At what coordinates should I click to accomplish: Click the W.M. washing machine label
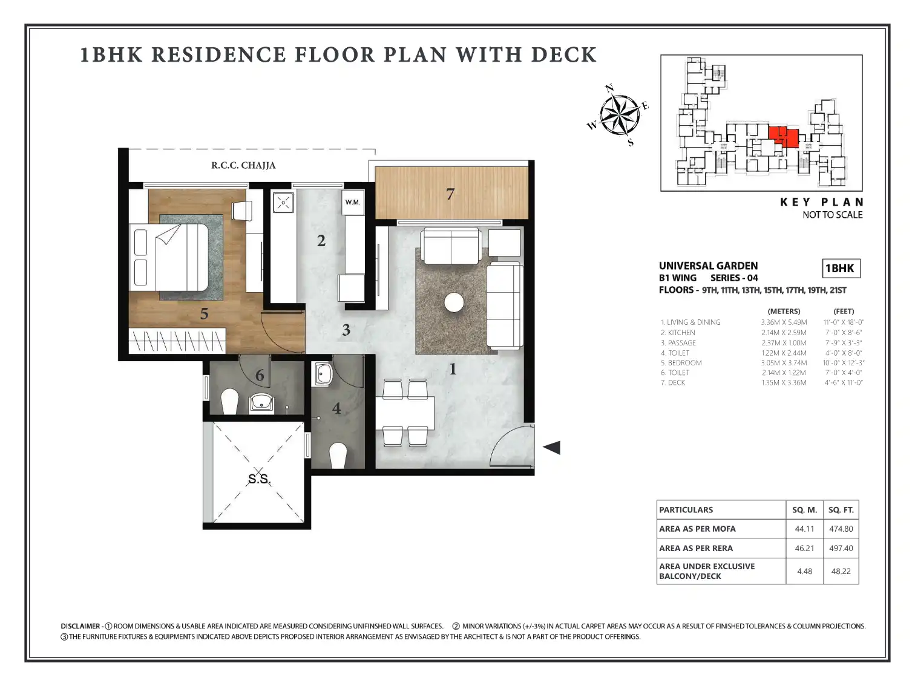pos(353,203)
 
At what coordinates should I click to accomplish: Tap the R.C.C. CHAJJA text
pos(243,165)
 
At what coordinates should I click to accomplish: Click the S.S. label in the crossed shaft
pos(259,479)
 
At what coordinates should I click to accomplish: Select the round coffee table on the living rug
pos(454,302)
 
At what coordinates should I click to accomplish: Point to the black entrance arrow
pos(551,448)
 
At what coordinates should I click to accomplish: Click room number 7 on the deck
pos(450,194)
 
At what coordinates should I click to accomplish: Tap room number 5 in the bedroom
pos(205,313)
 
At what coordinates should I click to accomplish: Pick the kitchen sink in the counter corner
pos(283,203)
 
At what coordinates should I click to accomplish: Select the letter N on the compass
pos(609,88)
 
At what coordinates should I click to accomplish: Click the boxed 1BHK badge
pos(841,268)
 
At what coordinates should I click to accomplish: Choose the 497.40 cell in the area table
pos(841,548)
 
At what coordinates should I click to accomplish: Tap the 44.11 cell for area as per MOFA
pos(804,529)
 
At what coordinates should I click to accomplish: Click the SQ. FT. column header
pos(841,510)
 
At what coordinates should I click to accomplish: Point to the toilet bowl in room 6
pos(229,402)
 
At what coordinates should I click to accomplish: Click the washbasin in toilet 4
pos(324,374)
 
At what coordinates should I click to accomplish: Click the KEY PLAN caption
pos(822,202)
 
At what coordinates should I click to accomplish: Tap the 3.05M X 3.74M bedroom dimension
pos(784,363)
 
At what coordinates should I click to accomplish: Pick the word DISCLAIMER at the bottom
pos(80,626)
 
